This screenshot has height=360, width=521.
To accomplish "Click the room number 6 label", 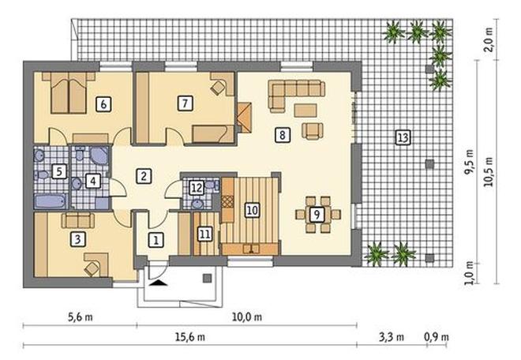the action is coord(103,104).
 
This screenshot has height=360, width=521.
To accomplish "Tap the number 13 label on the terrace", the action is coord(403,137).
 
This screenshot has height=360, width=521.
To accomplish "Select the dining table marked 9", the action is coord(317,215).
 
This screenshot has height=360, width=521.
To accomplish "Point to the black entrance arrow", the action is coord(159,283).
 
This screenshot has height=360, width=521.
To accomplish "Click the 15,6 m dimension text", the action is coord(190,337).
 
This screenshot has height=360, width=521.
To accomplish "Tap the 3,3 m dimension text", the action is coord(392,337).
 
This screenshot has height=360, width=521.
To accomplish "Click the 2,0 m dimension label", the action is coord(489,39).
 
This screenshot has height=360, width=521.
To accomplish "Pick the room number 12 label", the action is coord(197,188).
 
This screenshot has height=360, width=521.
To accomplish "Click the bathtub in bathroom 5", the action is coord(51,201).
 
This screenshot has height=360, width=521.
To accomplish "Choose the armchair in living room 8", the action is coord(313,130).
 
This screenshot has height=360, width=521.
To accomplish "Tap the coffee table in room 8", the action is coord(305,111).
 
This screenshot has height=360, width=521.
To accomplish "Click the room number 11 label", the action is coord(204,234).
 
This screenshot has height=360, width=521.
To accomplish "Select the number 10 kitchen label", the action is coord(252,210).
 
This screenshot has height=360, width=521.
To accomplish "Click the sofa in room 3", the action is coord(78,220).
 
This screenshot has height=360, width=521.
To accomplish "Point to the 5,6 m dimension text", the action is coord(81,317).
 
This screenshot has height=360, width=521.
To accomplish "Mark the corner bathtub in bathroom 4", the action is coord(99,156).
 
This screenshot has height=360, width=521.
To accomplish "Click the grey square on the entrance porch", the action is coord(208,278).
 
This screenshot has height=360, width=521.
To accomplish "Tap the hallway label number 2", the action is coord(144,176).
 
